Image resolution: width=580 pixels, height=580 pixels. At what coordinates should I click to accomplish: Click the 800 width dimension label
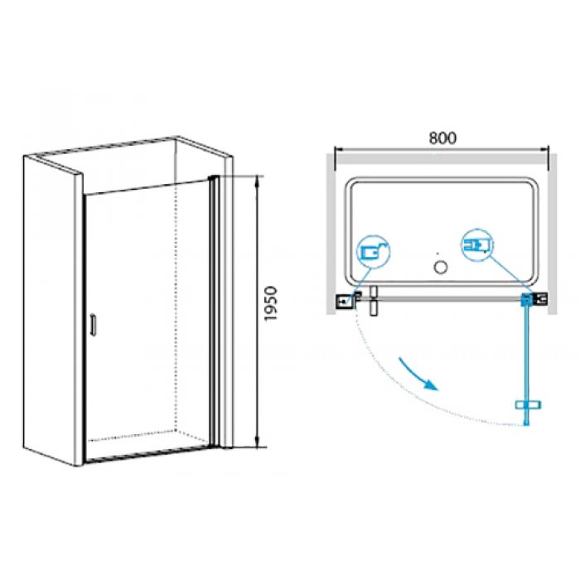coord(442,138)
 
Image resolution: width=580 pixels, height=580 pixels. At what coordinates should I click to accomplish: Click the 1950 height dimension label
coord(271,304)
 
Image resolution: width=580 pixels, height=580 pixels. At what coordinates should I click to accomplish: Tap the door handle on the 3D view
coord(93,325)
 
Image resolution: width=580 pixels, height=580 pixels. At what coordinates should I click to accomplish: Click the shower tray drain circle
coord(440,267)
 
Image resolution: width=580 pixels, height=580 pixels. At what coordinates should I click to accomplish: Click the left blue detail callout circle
coord(374,252)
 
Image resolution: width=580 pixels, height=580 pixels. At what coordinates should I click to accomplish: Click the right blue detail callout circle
coord(477,244)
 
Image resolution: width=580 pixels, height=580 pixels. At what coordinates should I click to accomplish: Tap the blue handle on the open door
coord(528,404)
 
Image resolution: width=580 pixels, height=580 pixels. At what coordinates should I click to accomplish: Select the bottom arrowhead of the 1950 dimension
coord(257,442)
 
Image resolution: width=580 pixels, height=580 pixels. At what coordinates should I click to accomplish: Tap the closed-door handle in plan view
coord(374,300)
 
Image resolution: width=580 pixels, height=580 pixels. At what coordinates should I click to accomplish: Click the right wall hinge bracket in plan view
coord(540,298)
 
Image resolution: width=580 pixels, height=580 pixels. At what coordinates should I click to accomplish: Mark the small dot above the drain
coord(437,254)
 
